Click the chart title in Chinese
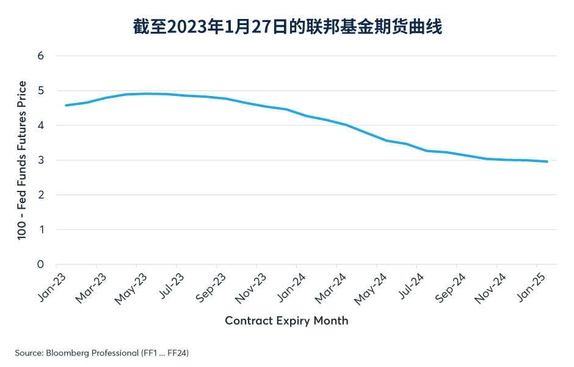pos(288,27)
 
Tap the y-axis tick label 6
pos(40,56)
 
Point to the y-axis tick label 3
pos(40,160)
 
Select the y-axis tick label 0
pos(40,264)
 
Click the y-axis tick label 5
pos(40,91)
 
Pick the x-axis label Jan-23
pos(52,288)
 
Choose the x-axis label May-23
pos(131,289)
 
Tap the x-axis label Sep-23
pos(211,288)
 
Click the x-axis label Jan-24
pos(291,288)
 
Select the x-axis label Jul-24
pos(412,286)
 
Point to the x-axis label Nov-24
pos(490,289)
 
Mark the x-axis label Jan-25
pos(531,288)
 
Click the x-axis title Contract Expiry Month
pos(286,321)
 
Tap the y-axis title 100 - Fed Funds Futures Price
pos(22,160)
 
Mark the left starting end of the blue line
pos(66,105)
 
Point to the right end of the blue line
pos(547,161)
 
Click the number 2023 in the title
pos(187,27)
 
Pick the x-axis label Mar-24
pos(330,289)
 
